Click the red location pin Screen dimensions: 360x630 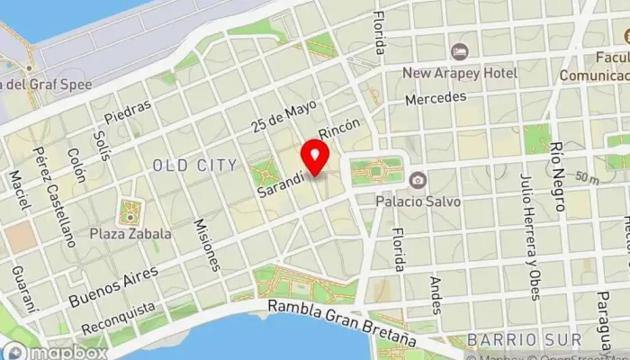point(315,157)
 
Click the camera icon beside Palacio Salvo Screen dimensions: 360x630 point(418,181)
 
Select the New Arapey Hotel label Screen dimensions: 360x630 point(459,73)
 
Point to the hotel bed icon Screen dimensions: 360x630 point(459,51)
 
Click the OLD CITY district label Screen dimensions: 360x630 point(194,165)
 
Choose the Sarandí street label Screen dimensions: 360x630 point(279,181)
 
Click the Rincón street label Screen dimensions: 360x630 point(346,132)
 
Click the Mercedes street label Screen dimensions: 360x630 point(435,96)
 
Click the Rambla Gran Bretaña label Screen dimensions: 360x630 point(342,325)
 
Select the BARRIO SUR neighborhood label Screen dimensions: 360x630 point(506,340)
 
